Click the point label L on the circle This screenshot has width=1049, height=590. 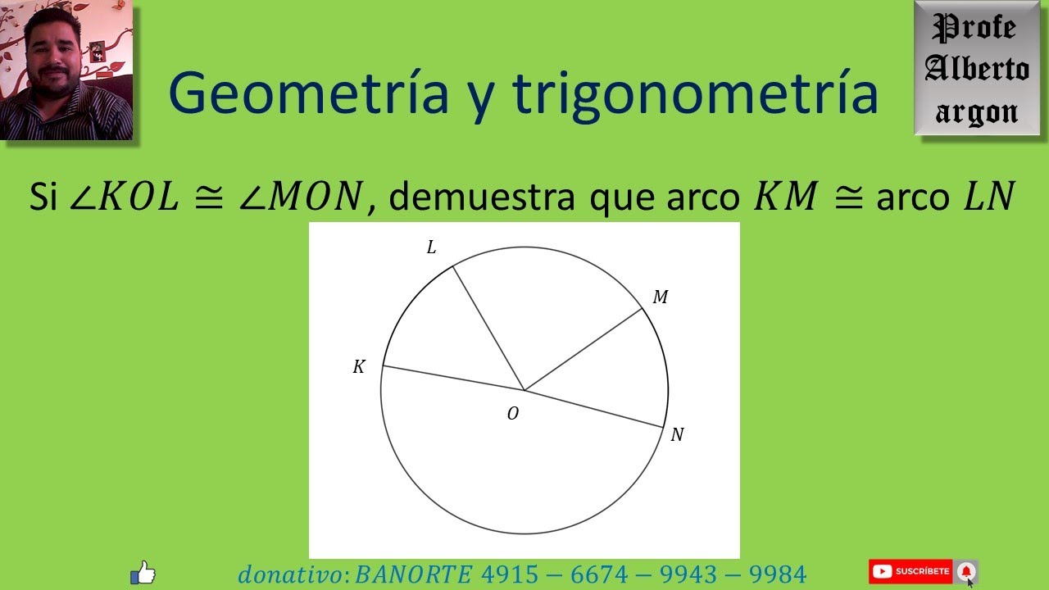coord(431,247)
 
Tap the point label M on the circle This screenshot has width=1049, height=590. coord(660,297)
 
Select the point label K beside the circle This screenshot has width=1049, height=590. coord(359,367)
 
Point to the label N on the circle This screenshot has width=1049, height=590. coord(677,435)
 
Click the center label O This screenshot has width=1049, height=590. coord(513,414)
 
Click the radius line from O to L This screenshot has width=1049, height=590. coord(488,329)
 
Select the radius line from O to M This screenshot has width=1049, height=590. coord(583,349)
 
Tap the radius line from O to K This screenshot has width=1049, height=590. coord(453,378)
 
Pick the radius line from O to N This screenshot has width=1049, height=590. coord(594,409)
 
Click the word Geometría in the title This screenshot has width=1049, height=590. coord(308,93)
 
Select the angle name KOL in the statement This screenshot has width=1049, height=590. coord(137,197)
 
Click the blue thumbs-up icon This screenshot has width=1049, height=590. coord(143,572)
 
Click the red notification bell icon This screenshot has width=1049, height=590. coord(966,571)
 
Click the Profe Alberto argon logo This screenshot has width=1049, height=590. coord(977,69)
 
